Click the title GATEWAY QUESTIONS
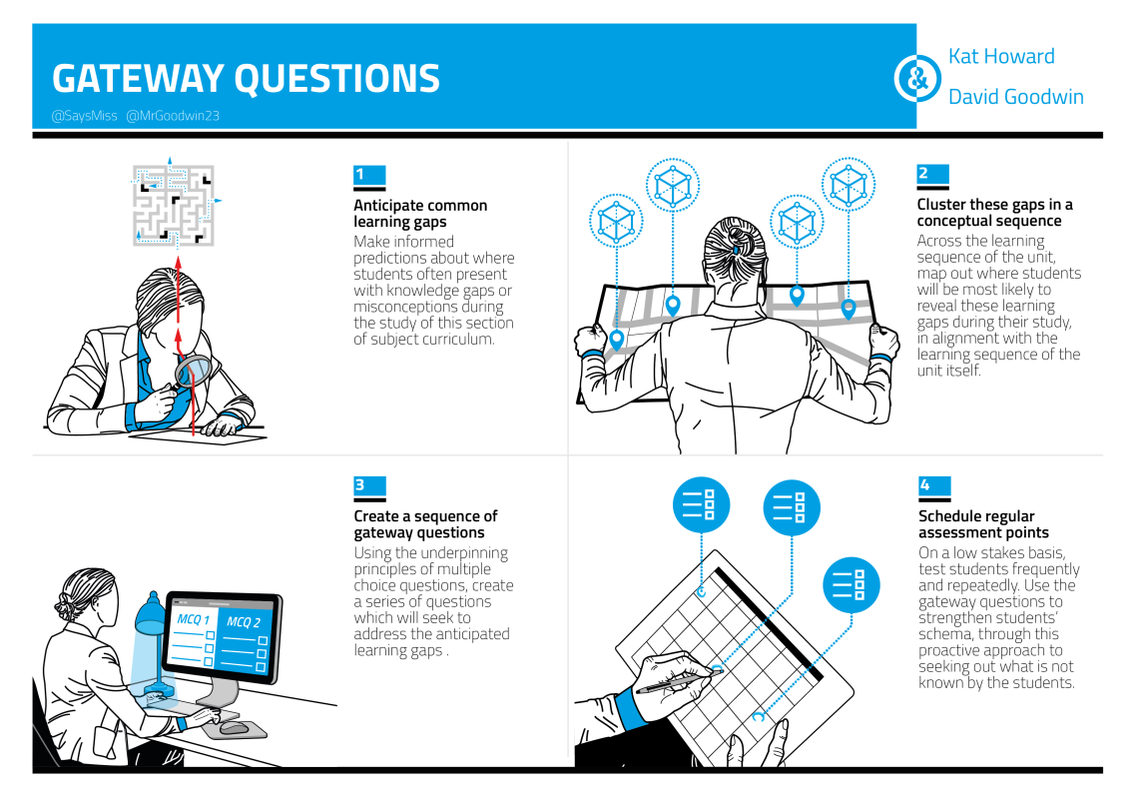(x=246, y=78)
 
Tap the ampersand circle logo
(x=916, y=78)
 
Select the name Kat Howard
(x=1001, y=56)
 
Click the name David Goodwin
(x=1015, y=97)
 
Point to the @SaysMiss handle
(x=84, y=116)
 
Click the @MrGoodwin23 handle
(x=173, y=116)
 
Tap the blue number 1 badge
(x=369, y=175)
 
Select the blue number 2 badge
(x=932, y=174)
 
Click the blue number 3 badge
(x=369, y=484)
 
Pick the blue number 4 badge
(x=934, y=484)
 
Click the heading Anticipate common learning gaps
(x=420, y=214)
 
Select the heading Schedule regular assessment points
(x=983, y=524)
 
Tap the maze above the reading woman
(x=174, y=206)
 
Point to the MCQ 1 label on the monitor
(x=193, y=619)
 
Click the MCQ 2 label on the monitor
(x=244, y=622)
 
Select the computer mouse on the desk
(x=234, y=727)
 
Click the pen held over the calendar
(x=679, y=681)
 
